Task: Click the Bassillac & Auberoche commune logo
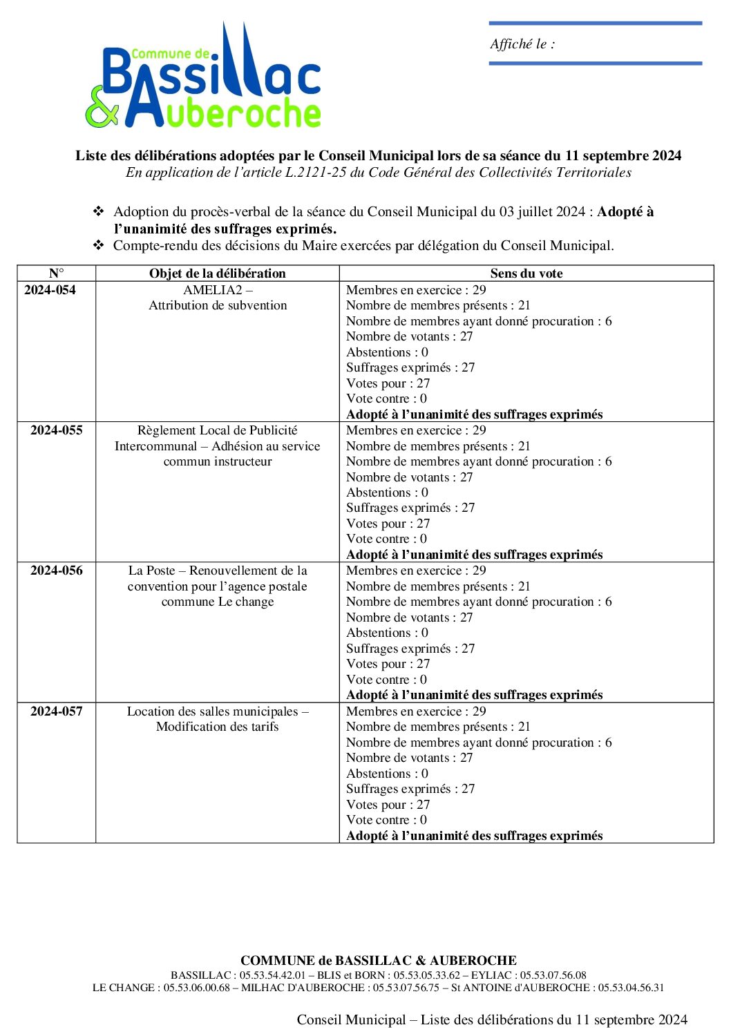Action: click(204, 79)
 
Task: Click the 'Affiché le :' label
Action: click(522, 44)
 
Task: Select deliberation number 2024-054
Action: click(50, 290)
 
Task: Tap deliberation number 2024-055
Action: click(56, 430)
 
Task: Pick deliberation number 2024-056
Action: click(56, 571)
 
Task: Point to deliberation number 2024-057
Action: click(56, 711)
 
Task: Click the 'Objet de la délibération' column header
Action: click(217, 274)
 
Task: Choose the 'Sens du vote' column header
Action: click(526, 274)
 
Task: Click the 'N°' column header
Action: click(56, 274)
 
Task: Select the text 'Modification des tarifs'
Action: click(217, 727)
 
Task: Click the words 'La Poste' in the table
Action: click(151, 571)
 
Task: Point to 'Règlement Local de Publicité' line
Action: click(217, 430)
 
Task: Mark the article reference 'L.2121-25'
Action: click(315, 173)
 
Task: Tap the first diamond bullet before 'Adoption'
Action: click(99, 211)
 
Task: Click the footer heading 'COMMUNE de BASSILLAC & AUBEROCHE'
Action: click(378, 960)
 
